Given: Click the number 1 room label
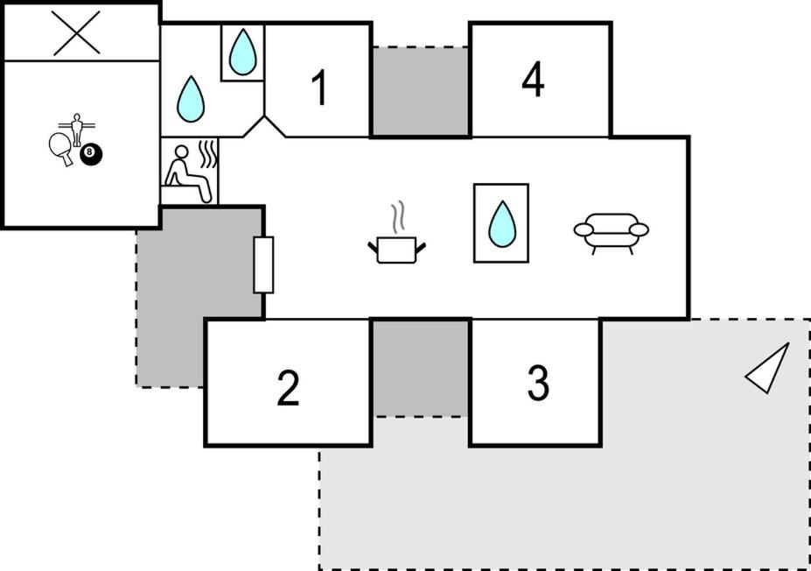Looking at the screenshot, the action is coord(320,88).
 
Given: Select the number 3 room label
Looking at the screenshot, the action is coord(538,383).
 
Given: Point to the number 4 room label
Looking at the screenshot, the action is coord(533,79).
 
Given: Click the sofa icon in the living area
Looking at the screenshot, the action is coord(611,232).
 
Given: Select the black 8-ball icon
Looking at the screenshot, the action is coord(91,154).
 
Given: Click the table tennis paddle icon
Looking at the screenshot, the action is coord(61,148).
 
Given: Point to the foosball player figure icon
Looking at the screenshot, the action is coord(77,130).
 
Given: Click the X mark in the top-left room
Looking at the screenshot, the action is coord(76,33).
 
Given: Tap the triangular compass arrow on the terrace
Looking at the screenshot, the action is coord(767,369).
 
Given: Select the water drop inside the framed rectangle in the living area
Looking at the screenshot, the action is coord(502,223).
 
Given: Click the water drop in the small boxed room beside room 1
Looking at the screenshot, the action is coord(242,52).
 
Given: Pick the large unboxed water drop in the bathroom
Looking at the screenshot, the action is coord(191,99).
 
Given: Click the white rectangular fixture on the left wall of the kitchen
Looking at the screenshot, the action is coord(263,265).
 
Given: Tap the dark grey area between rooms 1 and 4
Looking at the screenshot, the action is coord(421,91).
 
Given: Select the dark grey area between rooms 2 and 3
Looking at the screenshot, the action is coord(421,368).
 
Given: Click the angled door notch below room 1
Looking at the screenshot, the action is coord(264,126).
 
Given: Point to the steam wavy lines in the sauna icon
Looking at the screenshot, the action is coord(208,155).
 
